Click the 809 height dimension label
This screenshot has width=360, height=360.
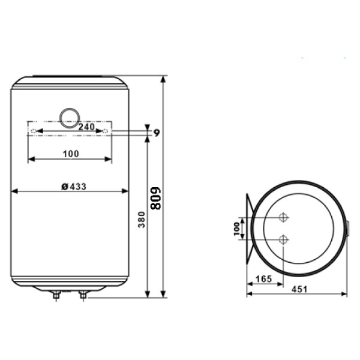point(155,199)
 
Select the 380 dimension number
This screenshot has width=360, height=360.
point(142,220)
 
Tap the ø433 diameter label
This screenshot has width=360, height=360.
point(74,187)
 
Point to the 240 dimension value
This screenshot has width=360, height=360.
point(86,127)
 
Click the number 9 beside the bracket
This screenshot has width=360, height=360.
point(157,133)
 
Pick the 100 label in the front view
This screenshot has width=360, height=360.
point(71,154)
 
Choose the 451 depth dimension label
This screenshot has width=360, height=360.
point(299,289)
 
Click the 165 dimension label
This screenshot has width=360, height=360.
point(263,279)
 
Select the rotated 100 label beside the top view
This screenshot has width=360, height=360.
point(236,229)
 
